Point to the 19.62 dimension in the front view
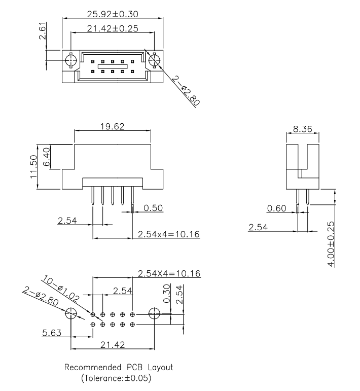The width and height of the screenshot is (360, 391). pyautogui.click(x=113, y=126)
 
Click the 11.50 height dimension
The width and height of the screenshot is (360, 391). pyautogui.click(x=33, y=167)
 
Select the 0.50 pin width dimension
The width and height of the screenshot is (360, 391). pyautogui.click(x=153, y=207)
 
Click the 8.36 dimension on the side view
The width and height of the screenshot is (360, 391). pyautogui.click(x=303, y=129)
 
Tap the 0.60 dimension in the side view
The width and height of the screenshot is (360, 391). pyautogui.click(x=276, y=207)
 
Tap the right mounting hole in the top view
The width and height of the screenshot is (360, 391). pyautogui.click(x=155, y=61)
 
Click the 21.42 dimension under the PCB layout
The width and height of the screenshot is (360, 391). pyautogui.click(x=113, y=345)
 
